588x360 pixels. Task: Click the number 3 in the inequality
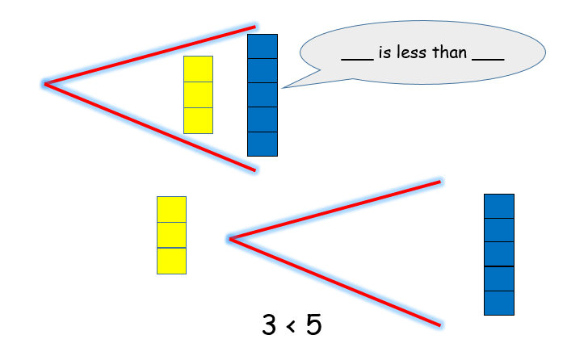[270, 325]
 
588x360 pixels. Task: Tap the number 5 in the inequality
[314, 325]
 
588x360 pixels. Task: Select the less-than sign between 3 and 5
[292, 327]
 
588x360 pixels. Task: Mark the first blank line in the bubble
[357, 61]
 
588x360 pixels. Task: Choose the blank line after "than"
[488, 61]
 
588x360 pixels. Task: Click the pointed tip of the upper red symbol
[46, 83]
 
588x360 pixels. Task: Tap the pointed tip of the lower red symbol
[231, 238]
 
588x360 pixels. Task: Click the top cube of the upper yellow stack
[198, 69]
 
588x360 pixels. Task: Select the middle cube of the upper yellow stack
[198, 94]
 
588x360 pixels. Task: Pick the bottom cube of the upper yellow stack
[198, 120]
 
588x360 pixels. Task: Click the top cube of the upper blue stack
[262, 46]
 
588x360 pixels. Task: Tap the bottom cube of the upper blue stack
[262, 144]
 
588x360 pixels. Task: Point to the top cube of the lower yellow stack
[171, 209]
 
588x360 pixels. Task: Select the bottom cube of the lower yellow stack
[171, 261]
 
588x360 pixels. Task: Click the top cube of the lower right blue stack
[499, 206]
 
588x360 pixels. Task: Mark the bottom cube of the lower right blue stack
[499, 303]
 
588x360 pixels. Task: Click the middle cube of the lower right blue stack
[499, 254]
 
